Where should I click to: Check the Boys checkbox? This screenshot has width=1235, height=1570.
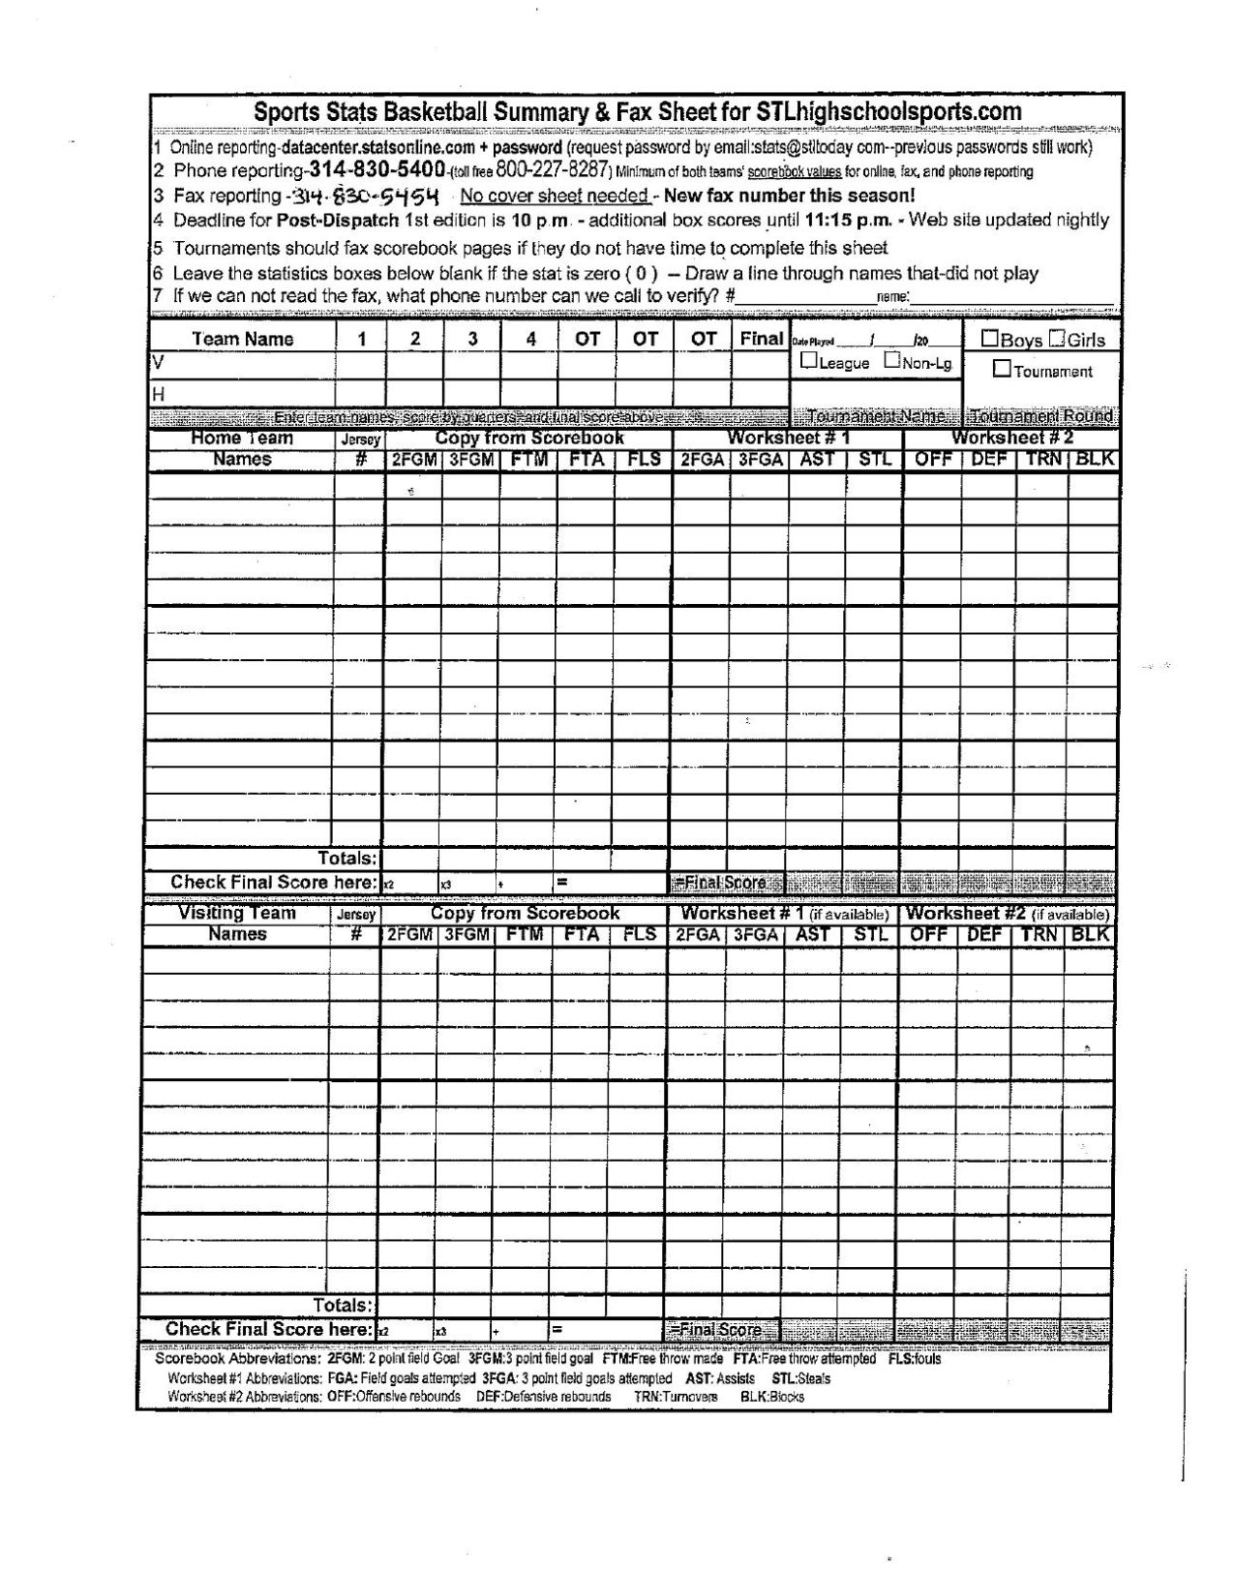coord(990,339)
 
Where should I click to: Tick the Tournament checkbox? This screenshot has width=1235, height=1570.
coord(1002,369)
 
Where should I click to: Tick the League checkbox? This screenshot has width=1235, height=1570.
coord(808,361)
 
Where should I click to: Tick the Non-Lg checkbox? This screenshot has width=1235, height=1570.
coord(891,361)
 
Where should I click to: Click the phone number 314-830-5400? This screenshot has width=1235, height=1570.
coord(377,170)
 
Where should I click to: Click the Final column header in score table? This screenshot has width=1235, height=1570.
coord(761,338)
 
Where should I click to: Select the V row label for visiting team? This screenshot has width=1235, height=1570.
coord(155,361)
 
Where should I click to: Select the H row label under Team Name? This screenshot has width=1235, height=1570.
coord(156,395)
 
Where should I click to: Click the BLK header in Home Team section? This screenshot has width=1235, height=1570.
coord(1094,460)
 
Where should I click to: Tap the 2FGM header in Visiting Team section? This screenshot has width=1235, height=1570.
coord(410,935)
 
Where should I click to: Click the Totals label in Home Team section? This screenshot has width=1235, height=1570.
coord(346,858)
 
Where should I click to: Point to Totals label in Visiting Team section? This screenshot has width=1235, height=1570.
coord(342,1306)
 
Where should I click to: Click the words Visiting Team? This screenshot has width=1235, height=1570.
coord(237,914)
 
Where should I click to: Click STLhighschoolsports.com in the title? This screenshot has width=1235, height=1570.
coord(888,111)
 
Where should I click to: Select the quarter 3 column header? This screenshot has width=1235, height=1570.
coord(472,339)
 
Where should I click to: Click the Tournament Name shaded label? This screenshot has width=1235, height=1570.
coord(876,417)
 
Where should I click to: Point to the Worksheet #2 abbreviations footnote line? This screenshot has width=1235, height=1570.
coord(484,1397)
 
